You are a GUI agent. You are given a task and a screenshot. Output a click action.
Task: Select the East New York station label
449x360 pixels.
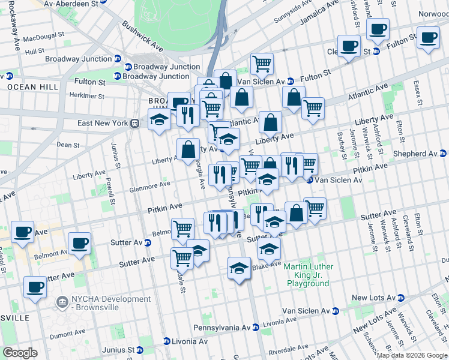(x=104, y=123)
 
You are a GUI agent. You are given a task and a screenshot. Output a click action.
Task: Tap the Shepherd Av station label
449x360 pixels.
(x=420, y=154)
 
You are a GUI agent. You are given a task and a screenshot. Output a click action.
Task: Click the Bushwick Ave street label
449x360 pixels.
(x=142, y=36)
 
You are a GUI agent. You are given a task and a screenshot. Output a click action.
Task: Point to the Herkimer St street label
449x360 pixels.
(x=87, y=96)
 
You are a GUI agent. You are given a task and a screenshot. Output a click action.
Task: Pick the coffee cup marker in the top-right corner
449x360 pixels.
(x=428, y=38)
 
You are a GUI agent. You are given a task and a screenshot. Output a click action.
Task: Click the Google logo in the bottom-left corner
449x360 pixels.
(x=20, y=353)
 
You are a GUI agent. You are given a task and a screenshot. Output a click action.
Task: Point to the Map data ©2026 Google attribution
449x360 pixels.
(x=412, y=355)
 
